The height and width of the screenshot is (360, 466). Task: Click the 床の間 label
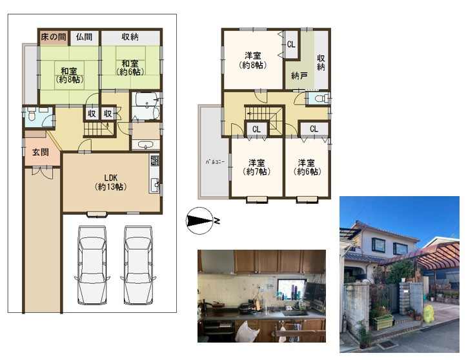(x=54, y=37)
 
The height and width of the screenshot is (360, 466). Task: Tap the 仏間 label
(x=84, y=37)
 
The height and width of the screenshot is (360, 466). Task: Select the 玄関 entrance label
(x=41, y=152)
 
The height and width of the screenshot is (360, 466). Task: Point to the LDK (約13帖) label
(x=111, y=183)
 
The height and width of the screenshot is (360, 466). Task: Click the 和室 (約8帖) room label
(x=69, y=75)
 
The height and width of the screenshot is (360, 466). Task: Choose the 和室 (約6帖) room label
(x=130, y=68)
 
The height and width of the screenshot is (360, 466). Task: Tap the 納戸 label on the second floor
(x=299, y=76)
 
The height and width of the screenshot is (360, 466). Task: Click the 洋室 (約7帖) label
(x=256, y=167)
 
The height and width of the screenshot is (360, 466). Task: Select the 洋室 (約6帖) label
(x=307, y=167)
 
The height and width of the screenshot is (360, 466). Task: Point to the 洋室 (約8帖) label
(x=252, y=60)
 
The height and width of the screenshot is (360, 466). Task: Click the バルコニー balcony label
(x=214, y=162)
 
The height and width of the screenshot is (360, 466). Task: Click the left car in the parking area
(x=92, y=265)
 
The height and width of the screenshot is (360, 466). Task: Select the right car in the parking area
(x=138, y=265)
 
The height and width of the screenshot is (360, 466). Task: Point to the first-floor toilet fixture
(x=32, y=115)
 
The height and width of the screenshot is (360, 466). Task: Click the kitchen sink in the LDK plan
(x=154, y=185)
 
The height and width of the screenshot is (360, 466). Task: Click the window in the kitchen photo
(x=291, y=289)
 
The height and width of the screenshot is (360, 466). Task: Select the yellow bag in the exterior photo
(x=429, y=314)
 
